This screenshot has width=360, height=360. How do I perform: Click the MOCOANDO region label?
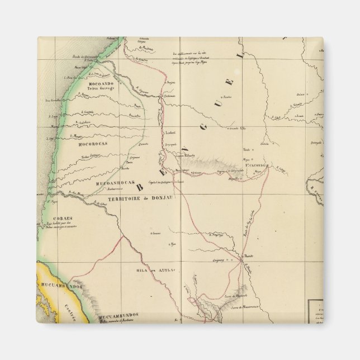101,83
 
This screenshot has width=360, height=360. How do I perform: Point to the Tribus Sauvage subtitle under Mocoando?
101,88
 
